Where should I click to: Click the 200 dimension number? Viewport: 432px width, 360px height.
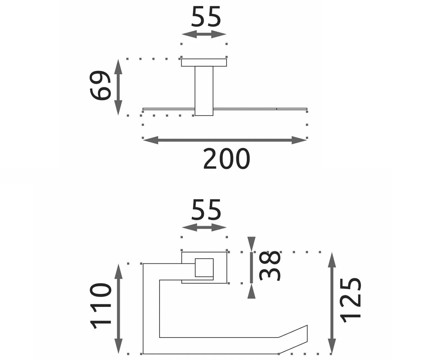click(x=226, y=159)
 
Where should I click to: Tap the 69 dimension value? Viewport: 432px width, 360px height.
click(x=100, y=85)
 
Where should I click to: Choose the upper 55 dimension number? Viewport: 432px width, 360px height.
click(x=206, y=17)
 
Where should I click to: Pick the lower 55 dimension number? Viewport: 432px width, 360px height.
click(x=206, y=210)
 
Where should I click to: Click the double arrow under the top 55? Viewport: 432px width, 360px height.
click(x=204, y=34)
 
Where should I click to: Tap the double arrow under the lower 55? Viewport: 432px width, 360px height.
click(x=204, y=228)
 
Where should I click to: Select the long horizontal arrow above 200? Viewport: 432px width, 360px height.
click(x=225, y=140)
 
